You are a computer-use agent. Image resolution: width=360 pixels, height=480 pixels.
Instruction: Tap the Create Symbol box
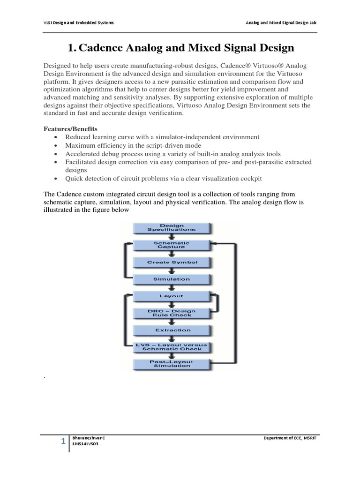tap(172, 262)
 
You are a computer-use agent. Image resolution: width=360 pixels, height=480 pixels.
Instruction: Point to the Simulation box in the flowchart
tap(172, 279)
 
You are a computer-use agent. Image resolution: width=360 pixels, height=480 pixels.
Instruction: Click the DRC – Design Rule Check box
tap(172, 313)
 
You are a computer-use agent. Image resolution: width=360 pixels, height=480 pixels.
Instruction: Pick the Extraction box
tap(172, 330)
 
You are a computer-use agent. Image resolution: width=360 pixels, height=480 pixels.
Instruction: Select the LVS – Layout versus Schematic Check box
tap(172, 347)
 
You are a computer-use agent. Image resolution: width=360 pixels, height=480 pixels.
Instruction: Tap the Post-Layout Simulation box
tap(172, 364)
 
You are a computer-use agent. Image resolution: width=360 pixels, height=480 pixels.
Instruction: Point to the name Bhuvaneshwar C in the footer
tap(89, 437)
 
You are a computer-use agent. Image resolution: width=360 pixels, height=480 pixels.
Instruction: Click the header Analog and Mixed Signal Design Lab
tap(284, 22)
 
